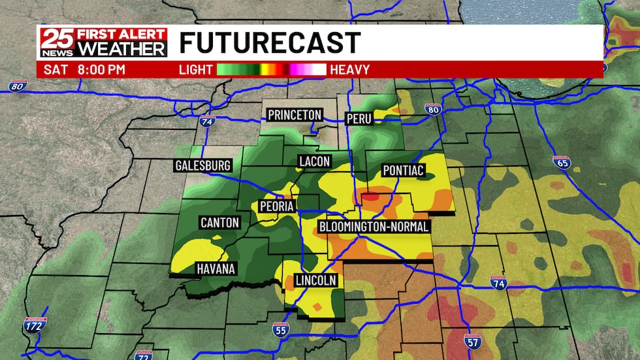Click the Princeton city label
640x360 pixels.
click(295, 115)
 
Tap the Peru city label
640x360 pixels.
click(359, 118)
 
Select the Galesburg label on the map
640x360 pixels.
click(203, 165)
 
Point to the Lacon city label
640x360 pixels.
click(315, 161)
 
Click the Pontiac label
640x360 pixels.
click(404, 171)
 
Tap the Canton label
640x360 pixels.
click(220, 223)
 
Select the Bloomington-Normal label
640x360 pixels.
click(374, 227)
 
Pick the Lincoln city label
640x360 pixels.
click(316, 280)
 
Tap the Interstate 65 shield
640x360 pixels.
click(562, 162)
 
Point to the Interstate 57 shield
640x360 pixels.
click(473, 340)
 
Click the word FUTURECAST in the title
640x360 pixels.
click(270, 43)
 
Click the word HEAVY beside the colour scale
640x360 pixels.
click(350, 69)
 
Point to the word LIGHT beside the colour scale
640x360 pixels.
click(196, 69)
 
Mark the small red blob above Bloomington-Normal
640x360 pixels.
click(370, 195)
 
